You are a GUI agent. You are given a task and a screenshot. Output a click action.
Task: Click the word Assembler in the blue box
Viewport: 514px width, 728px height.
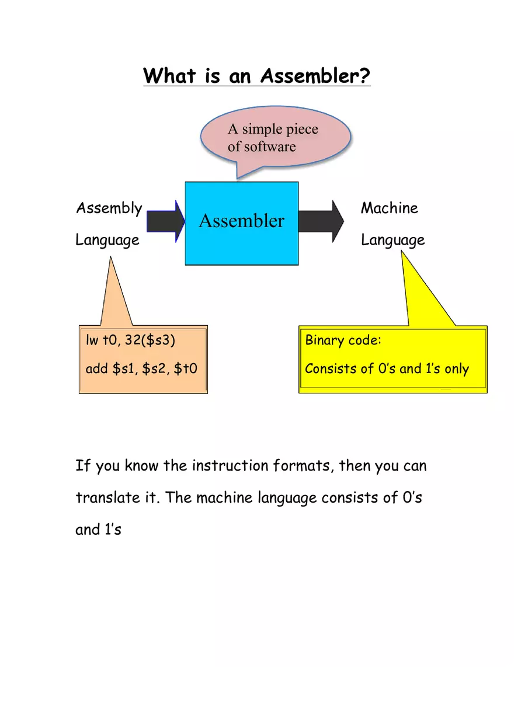pos(241,221)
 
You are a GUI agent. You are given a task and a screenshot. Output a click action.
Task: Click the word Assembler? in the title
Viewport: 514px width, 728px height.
pos(315,76)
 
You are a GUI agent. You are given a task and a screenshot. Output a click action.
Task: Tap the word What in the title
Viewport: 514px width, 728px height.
pos(169,76)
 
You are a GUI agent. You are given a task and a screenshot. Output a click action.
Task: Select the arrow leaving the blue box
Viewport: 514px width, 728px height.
pos(321,221)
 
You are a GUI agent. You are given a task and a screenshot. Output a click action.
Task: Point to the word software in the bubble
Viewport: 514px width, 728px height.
pos(270,147)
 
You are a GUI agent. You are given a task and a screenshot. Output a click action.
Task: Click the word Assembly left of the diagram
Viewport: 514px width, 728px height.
pos(109,208)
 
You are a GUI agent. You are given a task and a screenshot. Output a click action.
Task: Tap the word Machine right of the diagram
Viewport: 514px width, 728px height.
pos(389,208)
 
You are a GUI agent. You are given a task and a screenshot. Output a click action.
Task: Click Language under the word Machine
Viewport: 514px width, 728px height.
pos(393,241)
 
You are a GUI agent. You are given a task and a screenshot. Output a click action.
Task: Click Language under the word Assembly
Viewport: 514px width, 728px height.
pos(107,241)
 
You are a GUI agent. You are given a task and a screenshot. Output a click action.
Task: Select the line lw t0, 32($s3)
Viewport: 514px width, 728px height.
pos(130,341)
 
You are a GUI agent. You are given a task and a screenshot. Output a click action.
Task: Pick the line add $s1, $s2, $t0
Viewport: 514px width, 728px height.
pos(141,368)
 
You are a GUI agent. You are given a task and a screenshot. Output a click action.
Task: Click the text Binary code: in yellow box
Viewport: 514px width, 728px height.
pos(343,340)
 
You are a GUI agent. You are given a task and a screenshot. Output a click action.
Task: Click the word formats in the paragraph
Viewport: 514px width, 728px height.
pos(303,466)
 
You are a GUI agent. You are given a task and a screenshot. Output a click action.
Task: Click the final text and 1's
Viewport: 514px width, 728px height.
pos(98,530)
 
